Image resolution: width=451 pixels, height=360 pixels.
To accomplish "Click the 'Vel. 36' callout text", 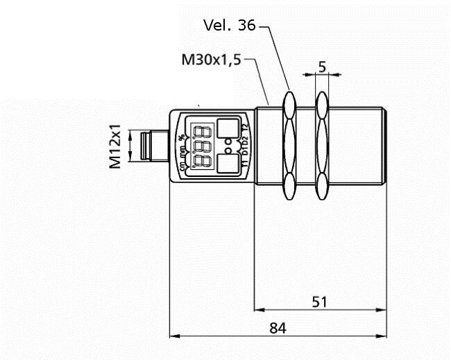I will click(x=229, y=25).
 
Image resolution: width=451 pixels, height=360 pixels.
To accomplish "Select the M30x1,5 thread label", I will click(x=211, y=60).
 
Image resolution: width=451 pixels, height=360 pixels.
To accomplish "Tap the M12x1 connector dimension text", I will click(x=115, y=146).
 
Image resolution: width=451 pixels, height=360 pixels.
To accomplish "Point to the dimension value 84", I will click(x=278, y=327).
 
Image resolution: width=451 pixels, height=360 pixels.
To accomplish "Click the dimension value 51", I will click(x=319, y=302).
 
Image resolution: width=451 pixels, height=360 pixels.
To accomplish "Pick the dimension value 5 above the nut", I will click(x=322, y=67).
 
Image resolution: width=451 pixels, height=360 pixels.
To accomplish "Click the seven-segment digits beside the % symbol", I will click(x=202, y=131).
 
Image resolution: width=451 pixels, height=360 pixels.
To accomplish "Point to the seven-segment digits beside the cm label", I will click(x=202, y=161).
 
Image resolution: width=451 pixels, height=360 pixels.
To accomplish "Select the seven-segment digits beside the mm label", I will click(x=202, y=146).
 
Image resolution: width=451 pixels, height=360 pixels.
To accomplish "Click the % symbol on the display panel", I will click(x=182, y=137).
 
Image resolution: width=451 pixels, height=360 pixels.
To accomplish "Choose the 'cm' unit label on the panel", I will click(x=182, y=167).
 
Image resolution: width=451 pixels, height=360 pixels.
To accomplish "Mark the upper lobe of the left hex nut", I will click(x=289, y=105).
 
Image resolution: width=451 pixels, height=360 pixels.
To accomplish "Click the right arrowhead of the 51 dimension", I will click(x=382, y=310).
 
